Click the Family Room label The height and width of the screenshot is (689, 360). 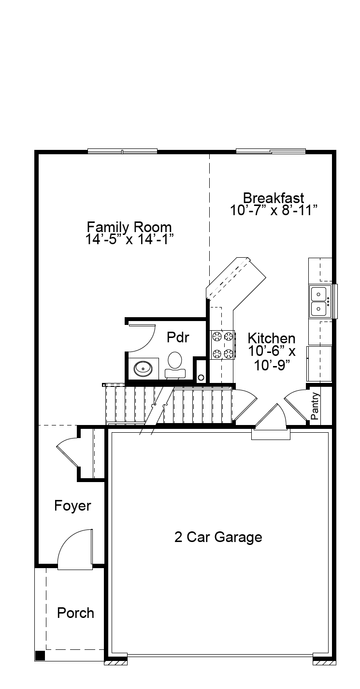pos(129,227)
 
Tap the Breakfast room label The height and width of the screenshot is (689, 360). pos(274,198)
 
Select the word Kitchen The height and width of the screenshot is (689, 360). pos(272,338)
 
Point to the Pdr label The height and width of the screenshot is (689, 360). pos(178,337)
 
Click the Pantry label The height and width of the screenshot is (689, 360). pos(315,406)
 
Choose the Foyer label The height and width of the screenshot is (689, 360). pos(72,506)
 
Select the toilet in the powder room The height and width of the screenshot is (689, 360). pos(175,365)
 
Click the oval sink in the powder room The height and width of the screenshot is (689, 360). pos(143,367)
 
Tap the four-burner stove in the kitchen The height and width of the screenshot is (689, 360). pos(223,345)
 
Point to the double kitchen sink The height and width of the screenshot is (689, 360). pos(320,301)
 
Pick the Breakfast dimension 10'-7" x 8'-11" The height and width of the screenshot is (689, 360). pos(274,210)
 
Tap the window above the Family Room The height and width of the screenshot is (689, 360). pos(122,151)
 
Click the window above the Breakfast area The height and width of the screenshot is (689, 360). pos(271,151)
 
